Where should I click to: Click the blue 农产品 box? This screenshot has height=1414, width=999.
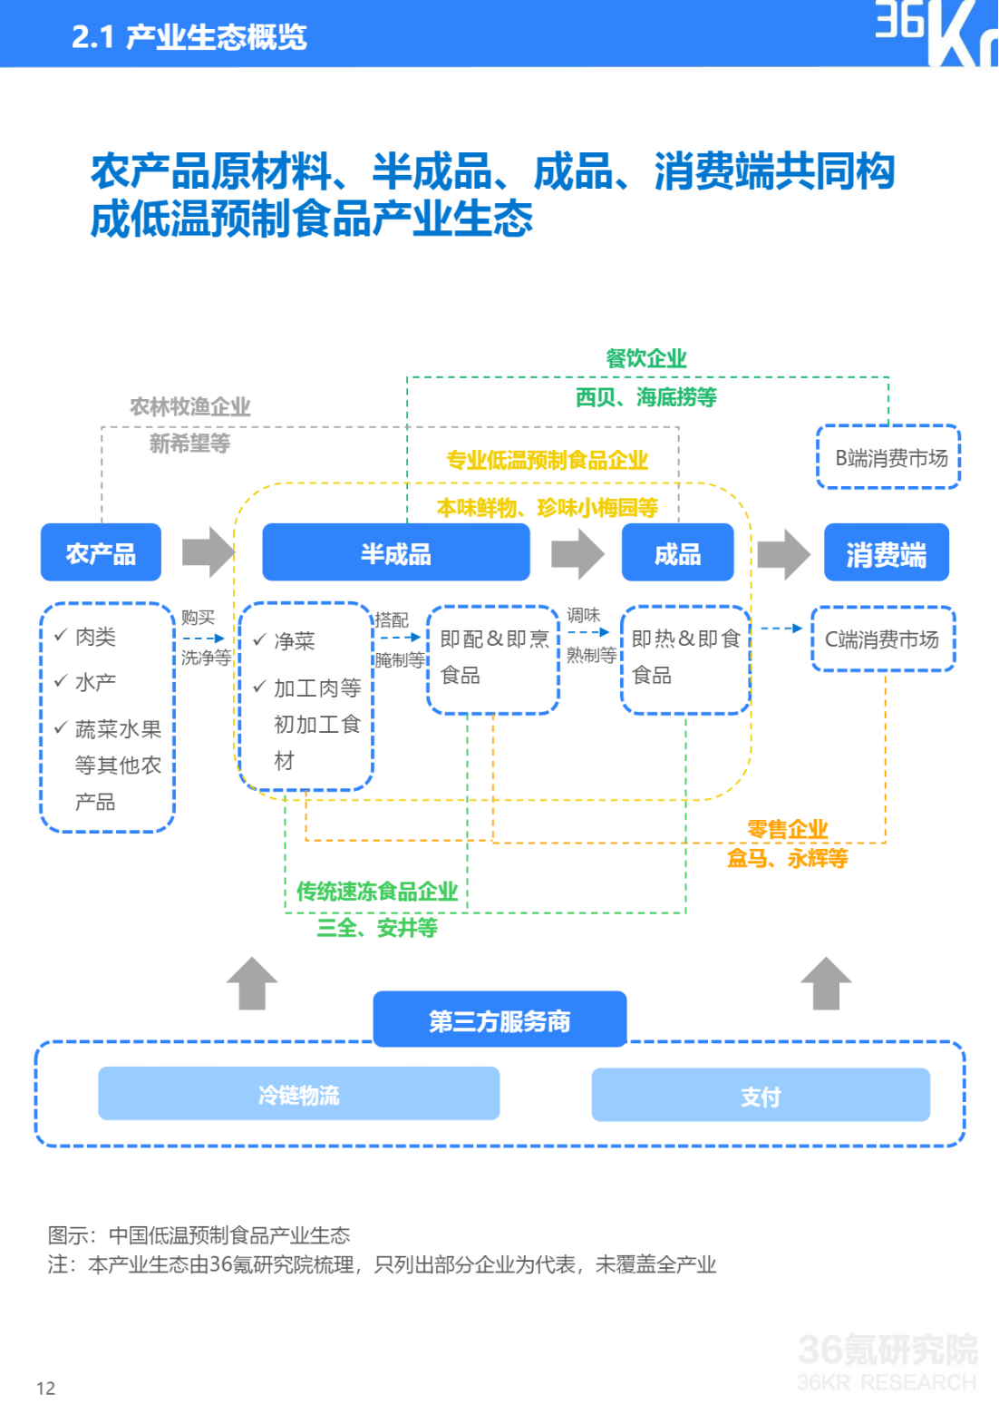101,552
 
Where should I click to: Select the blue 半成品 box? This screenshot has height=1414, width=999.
395,552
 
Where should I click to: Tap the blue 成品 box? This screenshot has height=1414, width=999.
678,552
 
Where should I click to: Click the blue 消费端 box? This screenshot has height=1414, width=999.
887,552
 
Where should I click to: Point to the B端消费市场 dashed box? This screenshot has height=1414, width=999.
888,457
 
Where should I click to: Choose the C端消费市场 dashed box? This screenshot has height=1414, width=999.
883,639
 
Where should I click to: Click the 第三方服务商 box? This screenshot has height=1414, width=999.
499,1019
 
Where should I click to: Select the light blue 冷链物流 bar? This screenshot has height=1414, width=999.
299,1094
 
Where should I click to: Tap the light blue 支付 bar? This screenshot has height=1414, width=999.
761,1096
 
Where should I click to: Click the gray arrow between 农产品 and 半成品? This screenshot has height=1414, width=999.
209,552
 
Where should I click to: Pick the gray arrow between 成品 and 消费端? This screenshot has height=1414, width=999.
784,553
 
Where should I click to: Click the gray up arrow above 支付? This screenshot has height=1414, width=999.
826,983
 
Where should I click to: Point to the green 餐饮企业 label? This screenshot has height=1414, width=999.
646,358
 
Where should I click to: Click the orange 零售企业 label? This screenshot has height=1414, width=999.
787,829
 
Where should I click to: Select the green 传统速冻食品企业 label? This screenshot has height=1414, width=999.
377,892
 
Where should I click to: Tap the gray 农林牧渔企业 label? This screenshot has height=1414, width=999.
190,406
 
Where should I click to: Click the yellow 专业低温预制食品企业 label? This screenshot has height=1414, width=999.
548,460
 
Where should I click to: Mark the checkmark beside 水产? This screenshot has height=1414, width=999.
62,680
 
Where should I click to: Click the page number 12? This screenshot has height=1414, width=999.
46,1388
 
